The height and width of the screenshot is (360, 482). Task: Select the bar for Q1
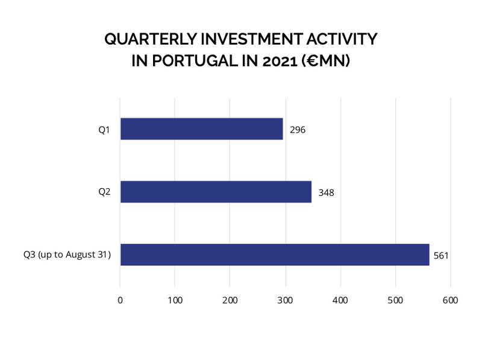(x=201, y=129)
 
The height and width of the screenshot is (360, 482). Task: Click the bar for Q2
(x=216, y=192)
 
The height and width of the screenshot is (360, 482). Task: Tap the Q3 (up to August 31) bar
(x=274, y=254)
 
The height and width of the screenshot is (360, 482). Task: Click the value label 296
(x=298, y=130)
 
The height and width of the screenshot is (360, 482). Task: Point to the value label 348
(x=326, y=193)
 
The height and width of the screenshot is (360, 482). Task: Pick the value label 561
(x=442, y=256)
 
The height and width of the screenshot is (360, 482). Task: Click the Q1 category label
(x=104, y=129)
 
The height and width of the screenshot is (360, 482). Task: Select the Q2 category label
(x=104, y=192)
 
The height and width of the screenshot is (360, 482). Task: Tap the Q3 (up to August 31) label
(x=67, y=254)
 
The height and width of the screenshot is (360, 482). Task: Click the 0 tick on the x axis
(x=120, y=300)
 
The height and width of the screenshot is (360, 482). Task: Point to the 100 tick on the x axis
(x=175, y=300)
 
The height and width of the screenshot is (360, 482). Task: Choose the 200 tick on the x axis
(x=230, y=300)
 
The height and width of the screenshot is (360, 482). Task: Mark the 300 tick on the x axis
(x=285, y=300)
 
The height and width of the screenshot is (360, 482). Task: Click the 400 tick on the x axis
(x=340, y=300)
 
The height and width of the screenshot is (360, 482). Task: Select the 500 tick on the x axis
(x=395, y=300)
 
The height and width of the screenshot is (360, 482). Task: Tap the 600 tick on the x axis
(x=450, y=300)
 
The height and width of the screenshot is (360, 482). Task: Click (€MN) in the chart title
(x=328, y=61)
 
